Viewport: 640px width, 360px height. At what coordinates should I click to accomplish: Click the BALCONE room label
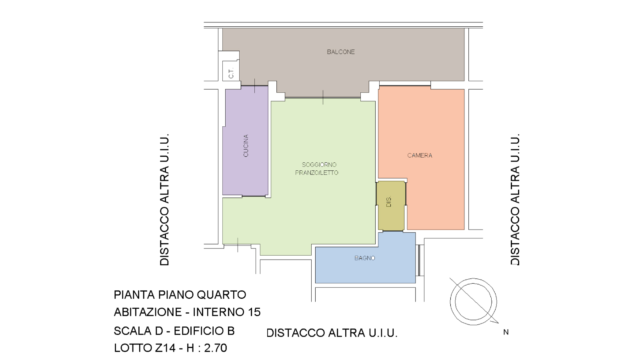pos(341,52)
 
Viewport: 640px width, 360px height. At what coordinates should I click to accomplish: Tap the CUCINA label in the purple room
pos(246,146)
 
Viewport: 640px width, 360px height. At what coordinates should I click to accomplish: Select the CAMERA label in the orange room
pos(420,156)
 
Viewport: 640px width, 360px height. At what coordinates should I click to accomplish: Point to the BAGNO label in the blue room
pos(364,258)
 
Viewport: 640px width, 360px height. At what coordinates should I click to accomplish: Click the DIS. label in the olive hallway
pos(388,202)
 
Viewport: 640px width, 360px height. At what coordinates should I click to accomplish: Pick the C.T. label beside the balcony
pos(231,73)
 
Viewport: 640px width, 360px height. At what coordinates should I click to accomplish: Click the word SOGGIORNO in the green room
pos(319,164)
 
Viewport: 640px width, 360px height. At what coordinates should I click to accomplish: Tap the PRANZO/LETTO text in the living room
pos(316,172)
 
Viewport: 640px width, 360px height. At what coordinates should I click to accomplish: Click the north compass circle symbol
pos(474,302)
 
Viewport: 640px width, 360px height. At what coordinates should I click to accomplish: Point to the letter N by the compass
pos(506,332)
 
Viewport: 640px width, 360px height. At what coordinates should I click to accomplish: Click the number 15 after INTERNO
pos(253,312)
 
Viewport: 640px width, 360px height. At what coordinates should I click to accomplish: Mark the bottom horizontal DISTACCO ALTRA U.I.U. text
pos(332,333)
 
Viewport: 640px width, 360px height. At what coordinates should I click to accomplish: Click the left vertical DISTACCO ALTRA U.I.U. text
pos(164,200)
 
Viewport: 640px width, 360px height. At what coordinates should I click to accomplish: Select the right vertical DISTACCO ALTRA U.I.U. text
pos(515,200)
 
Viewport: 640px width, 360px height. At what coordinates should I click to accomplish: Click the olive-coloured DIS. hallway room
pos(390,206)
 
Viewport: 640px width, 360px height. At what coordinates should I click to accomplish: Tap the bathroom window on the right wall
pos(419,260)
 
